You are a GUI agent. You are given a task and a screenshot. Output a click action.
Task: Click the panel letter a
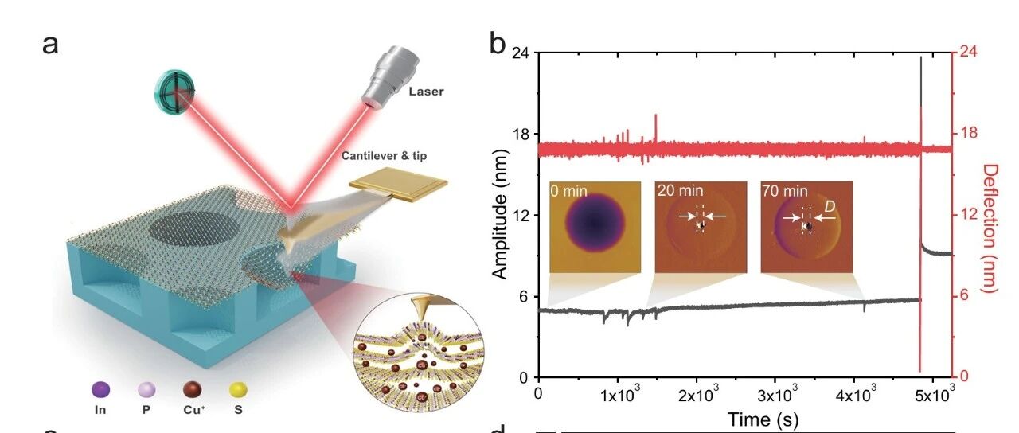click(x=50, y=45)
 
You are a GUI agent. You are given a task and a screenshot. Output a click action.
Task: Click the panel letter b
click(x=498, y=44)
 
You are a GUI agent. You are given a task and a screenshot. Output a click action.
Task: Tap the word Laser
click(x=426, y=92)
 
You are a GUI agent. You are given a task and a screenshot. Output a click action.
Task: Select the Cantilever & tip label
click(x=384, y=156)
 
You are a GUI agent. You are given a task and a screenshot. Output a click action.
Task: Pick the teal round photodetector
click(x=174, y=92)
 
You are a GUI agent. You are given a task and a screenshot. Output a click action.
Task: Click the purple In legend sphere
click(x=100, y=390)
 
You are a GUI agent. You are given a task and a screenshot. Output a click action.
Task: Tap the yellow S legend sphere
click(x=238, y=390)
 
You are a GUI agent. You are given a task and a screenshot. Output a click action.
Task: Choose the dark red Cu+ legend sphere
click(x=193, y=390)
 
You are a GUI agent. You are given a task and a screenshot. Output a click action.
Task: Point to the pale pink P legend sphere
click(x=146, y=390)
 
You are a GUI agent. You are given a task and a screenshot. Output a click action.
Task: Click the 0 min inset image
click(x=595, y=228)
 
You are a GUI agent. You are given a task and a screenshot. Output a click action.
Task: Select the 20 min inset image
click(x=701, y=228)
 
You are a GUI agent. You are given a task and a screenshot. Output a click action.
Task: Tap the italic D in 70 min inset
click(x=830, y=207)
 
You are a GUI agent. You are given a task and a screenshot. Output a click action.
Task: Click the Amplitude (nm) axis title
click(x=500, y=214)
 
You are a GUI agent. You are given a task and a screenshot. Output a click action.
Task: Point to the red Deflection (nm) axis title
click(x=990, y=228)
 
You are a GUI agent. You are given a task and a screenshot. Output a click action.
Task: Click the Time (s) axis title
click(x=763, y=419)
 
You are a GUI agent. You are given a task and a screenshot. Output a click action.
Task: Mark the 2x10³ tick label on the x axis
click(x=699, y=394)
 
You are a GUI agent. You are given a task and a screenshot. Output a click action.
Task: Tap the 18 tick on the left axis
click(x=521, y=135)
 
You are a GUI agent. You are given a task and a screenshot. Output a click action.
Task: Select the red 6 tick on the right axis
click(x=965, y=296)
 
